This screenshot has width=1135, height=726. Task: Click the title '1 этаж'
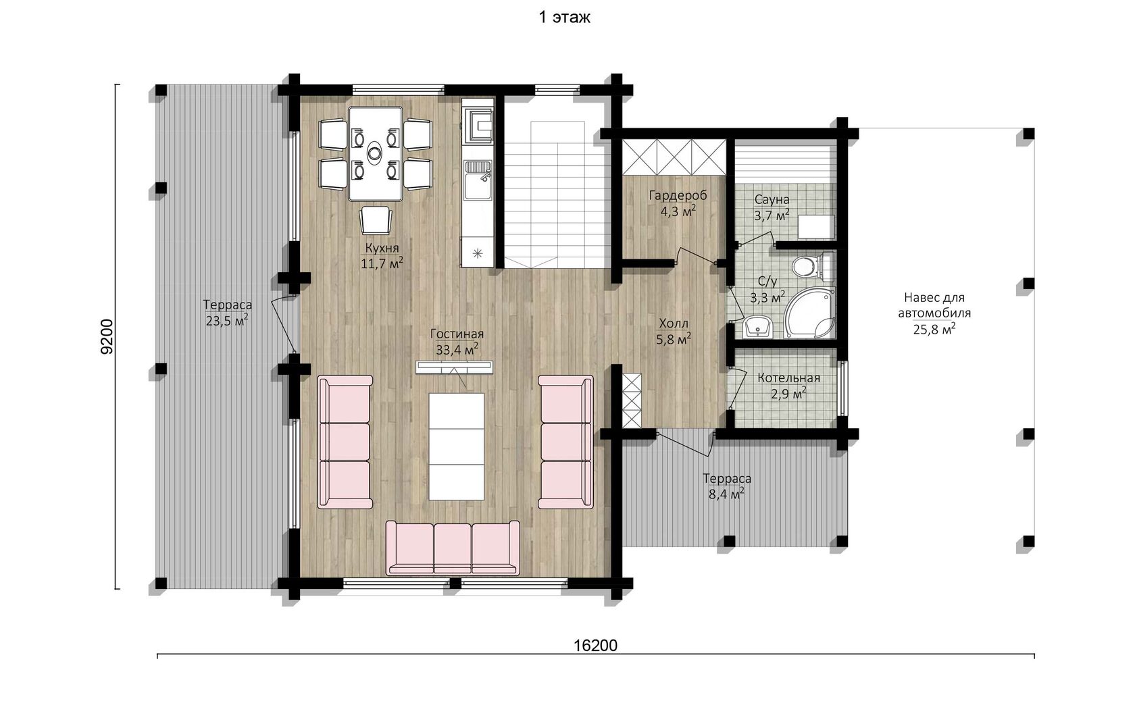564,18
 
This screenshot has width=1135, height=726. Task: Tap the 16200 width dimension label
595,646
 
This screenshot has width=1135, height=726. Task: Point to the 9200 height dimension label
107,336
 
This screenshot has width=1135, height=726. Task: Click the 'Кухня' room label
382,249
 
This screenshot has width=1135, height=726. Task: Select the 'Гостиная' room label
457,334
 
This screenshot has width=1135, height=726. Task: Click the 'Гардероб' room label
678,195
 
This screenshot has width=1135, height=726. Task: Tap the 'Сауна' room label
772,199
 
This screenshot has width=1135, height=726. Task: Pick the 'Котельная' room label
789,378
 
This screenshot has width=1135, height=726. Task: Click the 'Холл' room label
674,323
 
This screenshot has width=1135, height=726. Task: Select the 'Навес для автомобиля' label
935,305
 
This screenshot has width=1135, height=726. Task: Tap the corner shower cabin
809,313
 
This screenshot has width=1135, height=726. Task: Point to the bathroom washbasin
757,327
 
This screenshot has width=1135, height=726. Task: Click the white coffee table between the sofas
457,446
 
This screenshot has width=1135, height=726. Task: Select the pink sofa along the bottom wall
453,548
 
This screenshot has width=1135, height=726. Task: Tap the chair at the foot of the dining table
376,220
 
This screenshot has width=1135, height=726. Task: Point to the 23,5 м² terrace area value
227,321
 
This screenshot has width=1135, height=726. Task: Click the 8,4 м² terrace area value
727,494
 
